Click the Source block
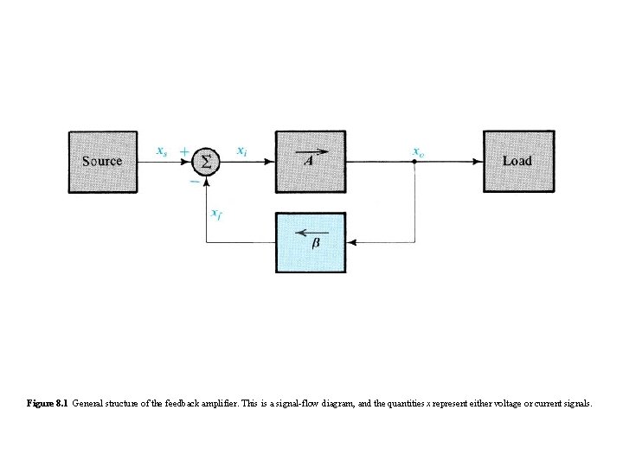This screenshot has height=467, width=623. [x=102, y=161]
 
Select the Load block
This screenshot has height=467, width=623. [x=517, y=161]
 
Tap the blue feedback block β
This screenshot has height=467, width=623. [x=310, y=243]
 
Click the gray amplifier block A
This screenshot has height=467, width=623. [x=310, y=161]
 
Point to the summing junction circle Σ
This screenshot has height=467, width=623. [x=206, y=161]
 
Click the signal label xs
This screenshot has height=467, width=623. [x=162, y=151]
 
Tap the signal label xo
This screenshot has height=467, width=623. [x=418, y=151]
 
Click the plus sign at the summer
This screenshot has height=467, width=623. [x=183, y=150]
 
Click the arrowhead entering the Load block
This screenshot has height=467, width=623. [x=478, y=161]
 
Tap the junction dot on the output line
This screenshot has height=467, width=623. [x=414, y=161]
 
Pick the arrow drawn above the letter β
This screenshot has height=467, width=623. [x=310, y=232]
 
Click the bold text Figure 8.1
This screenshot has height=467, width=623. [x=48, y=404]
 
